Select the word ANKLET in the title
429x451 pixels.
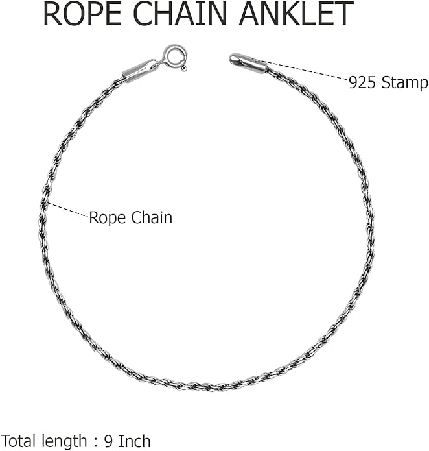pyautogui.click(x=296, y=14)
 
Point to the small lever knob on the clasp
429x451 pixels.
pyautogui.click(x=184, y=68)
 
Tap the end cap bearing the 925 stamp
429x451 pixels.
pyautogui.click(x=248, y=64)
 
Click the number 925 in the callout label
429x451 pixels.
pyautogui.click(x=362, y=83)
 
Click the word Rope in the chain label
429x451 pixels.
pyautogui.click(x=107, y=218)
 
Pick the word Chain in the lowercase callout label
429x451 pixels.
pyautogui.click(x=152, y=217)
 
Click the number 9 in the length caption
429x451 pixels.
pyautogui.click(x=109, y=441)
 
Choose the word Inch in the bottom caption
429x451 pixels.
pyautogui.click(x=134, y=441)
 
